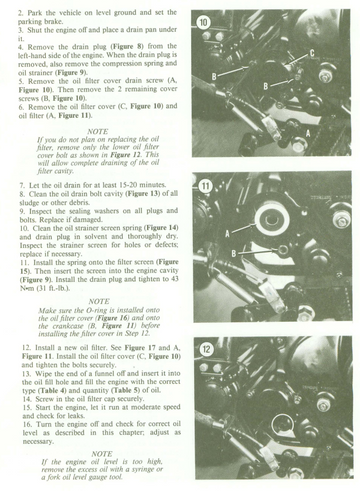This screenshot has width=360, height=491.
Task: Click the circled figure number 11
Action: (x=205, y=186)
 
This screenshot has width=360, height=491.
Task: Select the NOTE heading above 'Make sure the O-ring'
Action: (x=99, y=301)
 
